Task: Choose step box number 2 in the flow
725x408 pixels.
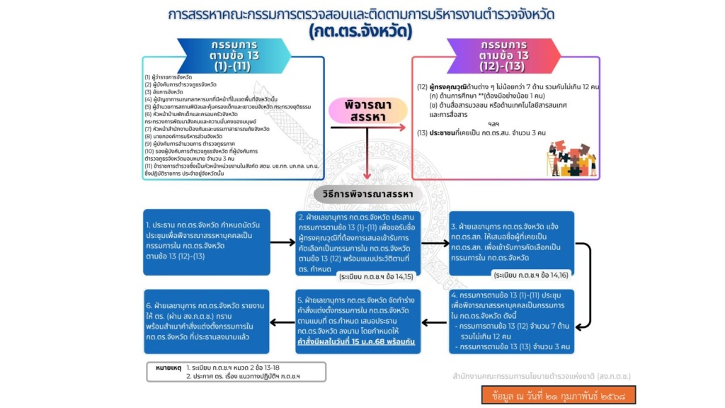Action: coord(358,242)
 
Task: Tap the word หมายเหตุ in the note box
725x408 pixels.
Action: coord(169,368)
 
